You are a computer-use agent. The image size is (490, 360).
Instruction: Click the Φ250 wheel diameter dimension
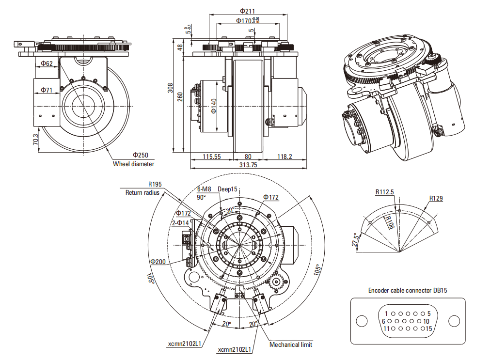[141, 156]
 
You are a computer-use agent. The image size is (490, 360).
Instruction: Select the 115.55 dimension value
[211, 157]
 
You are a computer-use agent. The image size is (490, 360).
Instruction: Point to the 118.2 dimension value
[285, 157]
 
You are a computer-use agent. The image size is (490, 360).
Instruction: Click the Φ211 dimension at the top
[247, 11]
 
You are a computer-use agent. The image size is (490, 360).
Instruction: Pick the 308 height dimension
[170, 88]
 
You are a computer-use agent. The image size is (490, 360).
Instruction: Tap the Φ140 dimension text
[214, 105]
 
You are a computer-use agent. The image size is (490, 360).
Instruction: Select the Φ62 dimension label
[47, 63]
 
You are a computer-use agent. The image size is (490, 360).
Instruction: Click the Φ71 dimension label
[47, 90]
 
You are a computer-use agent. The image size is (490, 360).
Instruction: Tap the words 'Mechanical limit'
[291, 344]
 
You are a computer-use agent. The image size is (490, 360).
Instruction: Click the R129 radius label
[436, 198]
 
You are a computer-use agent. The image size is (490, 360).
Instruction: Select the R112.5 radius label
[385, 192]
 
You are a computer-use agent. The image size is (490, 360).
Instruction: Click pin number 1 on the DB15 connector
[386, 313]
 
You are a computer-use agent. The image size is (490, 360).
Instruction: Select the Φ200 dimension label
[158, 261]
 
